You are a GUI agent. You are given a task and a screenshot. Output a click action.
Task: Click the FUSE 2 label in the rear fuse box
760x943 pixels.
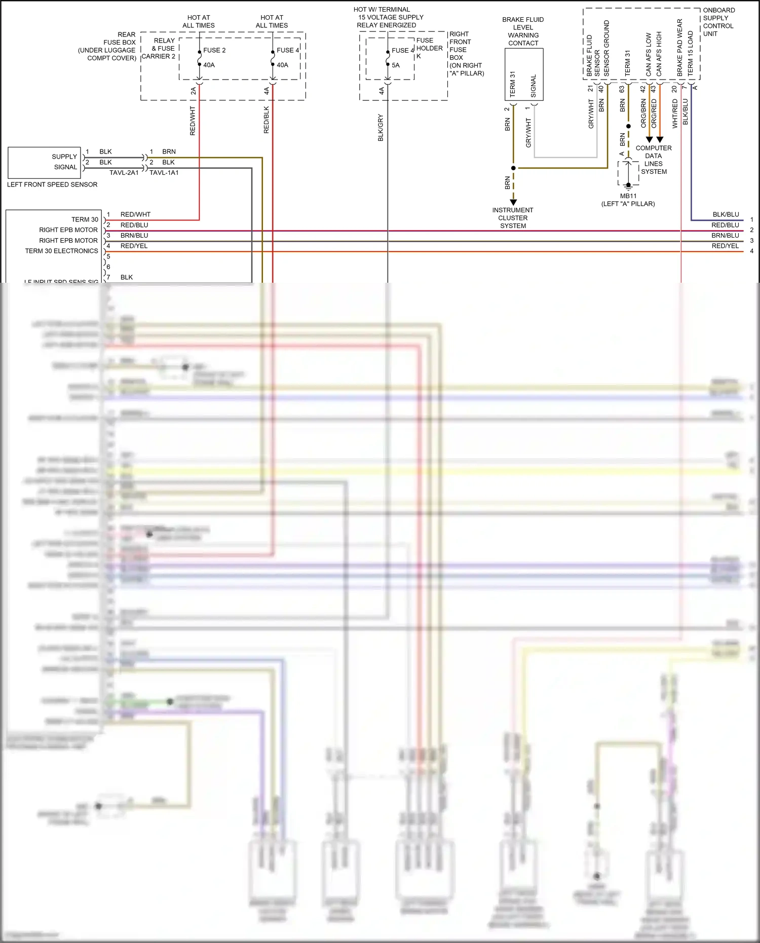coord(214,50)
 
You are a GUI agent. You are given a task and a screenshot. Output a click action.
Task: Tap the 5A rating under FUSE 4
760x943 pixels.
coord(396,65)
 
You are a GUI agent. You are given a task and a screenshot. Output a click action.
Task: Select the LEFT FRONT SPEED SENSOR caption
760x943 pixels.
coord(52,184)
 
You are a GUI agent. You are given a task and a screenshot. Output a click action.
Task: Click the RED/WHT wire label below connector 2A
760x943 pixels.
coord(193,121)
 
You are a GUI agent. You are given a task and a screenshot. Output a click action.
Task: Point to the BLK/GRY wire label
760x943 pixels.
coord(381,128)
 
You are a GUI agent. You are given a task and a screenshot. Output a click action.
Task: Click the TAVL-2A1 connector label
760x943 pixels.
coord(124,173)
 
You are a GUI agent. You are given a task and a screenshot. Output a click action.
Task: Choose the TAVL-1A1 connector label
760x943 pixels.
coord(164,173)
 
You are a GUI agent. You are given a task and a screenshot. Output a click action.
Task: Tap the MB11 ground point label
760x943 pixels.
coord(628,196)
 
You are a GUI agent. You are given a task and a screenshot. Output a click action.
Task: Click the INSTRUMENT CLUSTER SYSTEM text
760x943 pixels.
coord(513,218)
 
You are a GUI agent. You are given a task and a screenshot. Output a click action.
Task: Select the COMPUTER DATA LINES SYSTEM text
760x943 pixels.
coord(654,160)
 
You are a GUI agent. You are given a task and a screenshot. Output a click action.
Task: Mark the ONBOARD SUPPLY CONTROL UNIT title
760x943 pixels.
coord(718,22)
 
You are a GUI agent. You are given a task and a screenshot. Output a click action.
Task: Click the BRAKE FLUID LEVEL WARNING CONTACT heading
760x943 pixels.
coord(523,31)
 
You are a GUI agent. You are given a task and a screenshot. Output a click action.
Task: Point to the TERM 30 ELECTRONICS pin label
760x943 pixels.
coord(61,251)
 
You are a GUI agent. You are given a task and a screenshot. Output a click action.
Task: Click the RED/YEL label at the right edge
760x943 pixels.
coord(725,246)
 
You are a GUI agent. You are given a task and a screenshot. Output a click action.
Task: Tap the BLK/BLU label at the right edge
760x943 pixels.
coord(726,214)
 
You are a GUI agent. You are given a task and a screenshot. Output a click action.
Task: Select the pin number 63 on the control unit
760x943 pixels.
coord(622,89)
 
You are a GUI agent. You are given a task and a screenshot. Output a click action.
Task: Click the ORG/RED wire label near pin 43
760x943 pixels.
coord(654,113)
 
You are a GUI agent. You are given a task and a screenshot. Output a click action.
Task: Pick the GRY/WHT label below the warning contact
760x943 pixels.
coord(528,133)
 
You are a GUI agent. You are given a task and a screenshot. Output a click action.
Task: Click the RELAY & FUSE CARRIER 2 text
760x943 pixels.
coord(159,49)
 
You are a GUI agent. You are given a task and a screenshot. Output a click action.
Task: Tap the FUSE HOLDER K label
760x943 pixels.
coord(429,48)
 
